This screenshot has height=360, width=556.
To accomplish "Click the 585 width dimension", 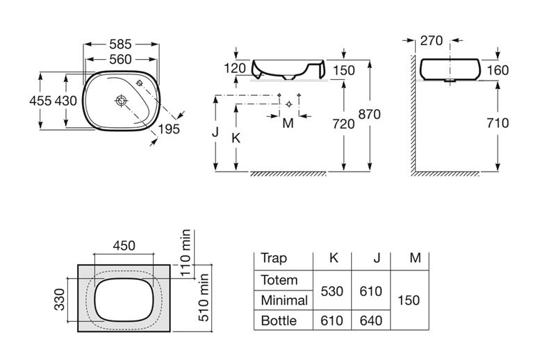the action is [x=120, y=44].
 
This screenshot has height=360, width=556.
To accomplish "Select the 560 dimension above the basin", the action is [x=120, y=59].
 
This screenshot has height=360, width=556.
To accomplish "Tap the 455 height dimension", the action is [x=40, y=101].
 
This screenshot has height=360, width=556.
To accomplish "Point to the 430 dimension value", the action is [x=65, y=101].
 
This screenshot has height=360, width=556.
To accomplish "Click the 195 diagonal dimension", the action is [x=169, y=129].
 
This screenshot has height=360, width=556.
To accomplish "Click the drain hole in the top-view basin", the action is [x=121, y=101].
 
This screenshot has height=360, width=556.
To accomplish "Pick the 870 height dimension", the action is [x=370, y=114].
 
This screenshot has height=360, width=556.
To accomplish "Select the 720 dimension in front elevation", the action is [x=343, y=124].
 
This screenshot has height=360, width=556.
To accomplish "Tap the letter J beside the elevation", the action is [x=215, y=132].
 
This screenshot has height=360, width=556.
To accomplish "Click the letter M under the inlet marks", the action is [x=288, y=124].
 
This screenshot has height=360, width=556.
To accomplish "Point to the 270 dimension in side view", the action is [x=432, y=41].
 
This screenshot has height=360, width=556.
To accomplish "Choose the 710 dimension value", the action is [x=498, y=123].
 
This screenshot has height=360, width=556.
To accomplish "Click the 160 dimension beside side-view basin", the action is [x=498, y=70].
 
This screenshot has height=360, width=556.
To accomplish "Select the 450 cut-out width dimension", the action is [x=124, y=245].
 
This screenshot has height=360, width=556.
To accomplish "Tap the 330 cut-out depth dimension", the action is [x=60, y=300].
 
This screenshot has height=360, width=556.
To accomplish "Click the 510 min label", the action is [x=204, y=297].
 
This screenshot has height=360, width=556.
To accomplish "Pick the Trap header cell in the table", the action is [x=273, y=259].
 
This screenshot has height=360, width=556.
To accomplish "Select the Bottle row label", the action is [x=279, y=320].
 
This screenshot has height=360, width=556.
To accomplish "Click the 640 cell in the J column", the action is [x=371, y=320].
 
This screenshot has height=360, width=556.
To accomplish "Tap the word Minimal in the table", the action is [x=284, y=300].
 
